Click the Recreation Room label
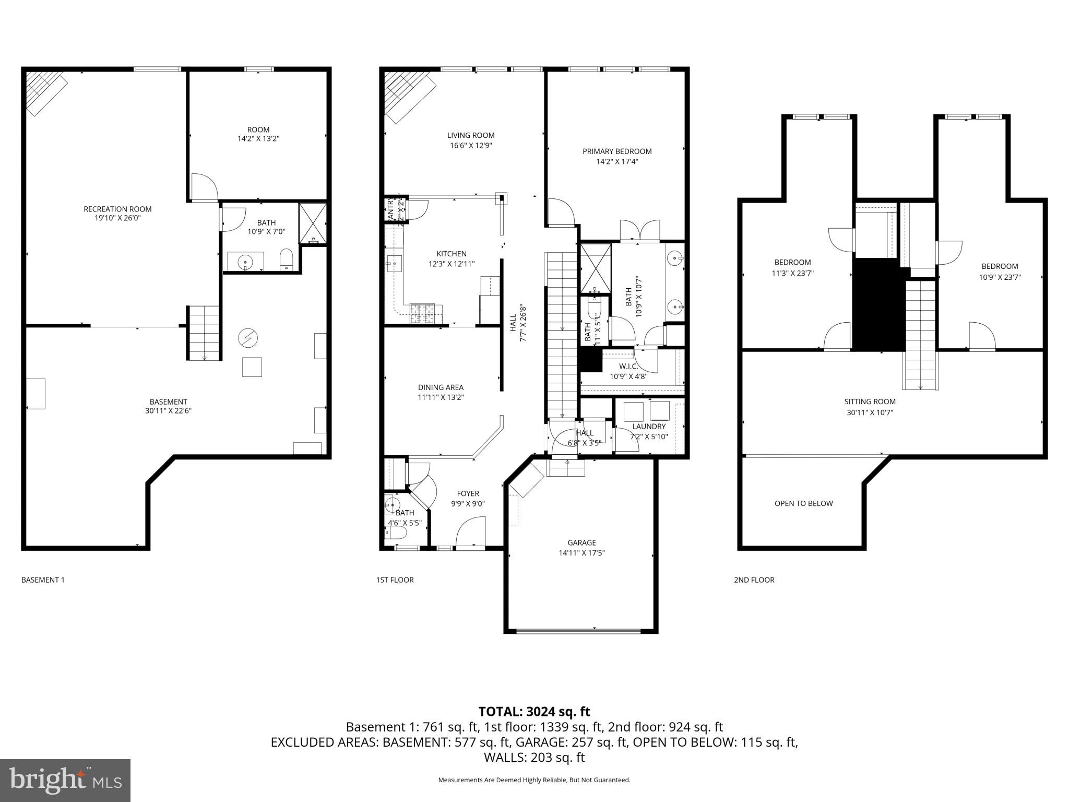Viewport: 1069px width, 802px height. (x=117, y=209)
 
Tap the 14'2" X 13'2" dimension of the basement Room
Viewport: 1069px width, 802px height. (x=258, y=139)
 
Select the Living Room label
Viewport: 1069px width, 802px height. (x=471, y=135)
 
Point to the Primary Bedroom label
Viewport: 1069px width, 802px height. (x=617, y=151)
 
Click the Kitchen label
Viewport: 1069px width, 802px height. (x=452, y=254)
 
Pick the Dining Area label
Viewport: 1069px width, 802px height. (x=441, y=387)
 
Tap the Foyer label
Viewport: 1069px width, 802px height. (x=468, y=493)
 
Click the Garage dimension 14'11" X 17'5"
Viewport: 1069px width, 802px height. (x=581, y=553)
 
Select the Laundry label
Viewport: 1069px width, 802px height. (x=649, y=427)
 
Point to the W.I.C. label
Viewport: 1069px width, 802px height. (x=628, y=366)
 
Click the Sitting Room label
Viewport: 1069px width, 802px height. (x=870, y=402)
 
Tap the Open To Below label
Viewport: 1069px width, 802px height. (x=803, y=503)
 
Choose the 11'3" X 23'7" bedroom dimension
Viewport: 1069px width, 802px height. (x=792, y=273)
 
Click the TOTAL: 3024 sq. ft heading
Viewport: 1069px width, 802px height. (x=534, y=712)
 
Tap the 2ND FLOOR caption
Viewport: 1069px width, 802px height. (x=754, y=580)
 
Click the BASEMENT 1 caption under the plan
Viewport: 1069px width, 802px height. (x=43, y=580)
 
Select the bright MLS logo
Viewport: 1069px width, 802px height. (x=65, y=780)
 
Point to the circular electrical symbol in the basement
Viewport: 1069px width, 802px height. (x=247, y=338)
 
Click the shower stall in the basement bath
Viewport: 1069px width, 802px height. (x=312, y=223)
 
